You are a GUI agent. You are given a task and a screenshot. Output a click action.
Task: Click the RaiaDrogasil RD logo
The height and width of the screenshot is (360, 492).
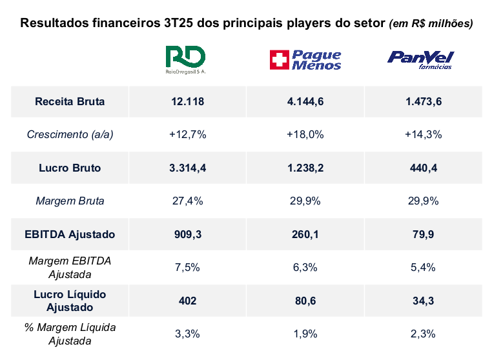[x=185, y=59]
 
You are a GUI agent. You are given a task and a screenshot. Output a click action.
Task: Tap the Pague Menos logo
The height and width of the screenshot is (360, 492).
[x=305, y=60]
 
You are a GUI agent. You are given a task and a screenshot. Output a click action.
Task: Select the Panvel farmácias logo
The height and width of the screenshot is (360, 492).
[x=420, y=59]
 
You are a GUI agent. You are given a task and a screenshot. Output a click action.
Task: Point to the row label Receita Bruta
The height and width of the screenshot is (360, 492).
[x=70, y=101]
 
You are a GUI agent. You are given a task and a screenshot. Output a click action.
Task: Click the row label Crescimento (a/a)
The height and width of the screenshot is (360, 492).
[x=70, y=134]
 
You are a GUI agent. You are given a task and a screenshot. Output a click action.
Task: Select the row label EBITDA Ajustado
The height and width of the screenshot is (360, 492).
[x=70, y=234]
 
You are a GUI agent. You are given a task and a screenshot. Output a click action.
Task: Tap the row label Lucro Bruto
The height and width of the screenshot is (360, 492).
[x=70, y=168]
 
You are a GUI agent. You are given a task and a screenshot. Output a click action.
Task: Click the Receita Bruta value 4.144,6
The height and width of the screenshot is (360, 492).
[x=305, y=101]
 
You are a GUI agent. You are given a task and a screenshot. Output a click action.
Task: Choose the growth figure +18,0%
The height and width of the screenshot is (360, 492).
[x=305, y=134]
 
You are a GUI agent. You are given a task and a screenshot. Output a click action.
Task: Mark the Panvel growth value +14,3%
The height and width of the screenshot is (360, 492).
[x=423, y=134]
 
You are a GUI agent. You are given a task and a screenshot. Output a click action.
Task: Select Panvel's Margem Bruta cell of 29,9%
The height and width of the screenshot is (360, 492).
[x=423, y=201]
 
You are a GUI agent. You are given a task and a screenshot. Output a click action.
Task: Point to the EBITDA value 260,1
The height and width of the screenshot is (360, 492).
[x=305, y=234]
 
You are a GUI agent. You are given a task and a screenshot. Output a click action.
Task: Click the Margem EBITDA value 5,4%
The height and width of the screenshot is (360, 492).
[x=423, y=267]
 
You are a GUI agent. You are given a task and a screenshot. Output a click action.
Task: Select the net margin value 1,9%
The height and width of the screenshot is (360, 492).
[x=305, y=334]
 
